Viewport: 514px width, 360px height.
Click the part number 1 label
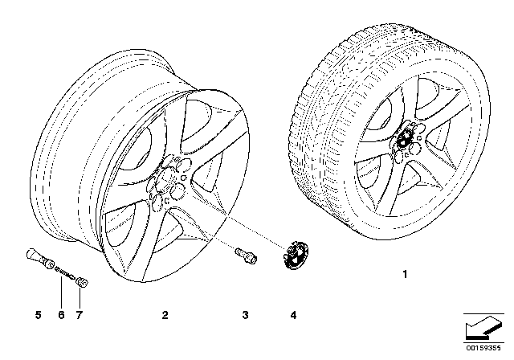point(406,275)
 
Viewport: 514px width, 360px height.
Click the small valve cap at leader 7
point(83,282)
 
